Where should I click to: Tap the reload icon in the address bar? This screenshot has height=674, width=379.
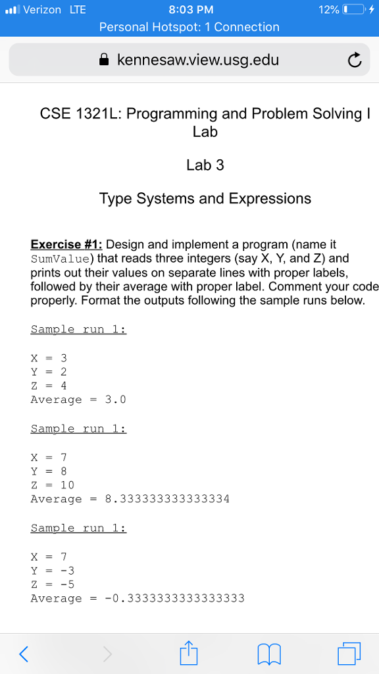354,61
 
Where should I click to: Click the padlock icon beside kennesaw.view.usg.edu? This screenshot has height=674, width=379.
104,61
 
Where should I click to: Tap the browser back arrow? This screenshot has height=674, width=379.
24,653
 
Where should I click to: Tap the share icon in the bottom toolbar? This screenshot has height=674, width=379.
188,652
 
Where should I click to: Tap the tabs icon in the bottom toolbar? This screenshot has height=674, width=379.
349,653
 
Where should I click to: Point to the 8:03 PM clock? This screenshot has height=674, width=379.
191,10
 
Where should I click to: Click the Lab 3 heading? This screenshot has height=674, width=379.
205,165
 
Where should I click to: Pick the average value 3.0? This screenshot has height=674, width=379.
115,400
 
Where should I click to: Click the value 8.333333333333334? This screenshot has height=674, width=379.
167,499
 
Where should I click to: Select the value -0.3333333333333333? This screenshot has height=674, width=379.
174,598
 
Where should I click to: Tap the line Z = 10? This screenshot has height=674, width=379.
53,485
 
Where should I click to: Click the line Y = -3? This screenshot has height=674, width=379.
53,570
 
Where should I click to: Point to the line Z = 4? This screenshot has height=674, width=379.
49,386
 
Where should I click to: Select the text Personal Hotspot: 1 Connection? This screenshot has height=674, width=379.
189,27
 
